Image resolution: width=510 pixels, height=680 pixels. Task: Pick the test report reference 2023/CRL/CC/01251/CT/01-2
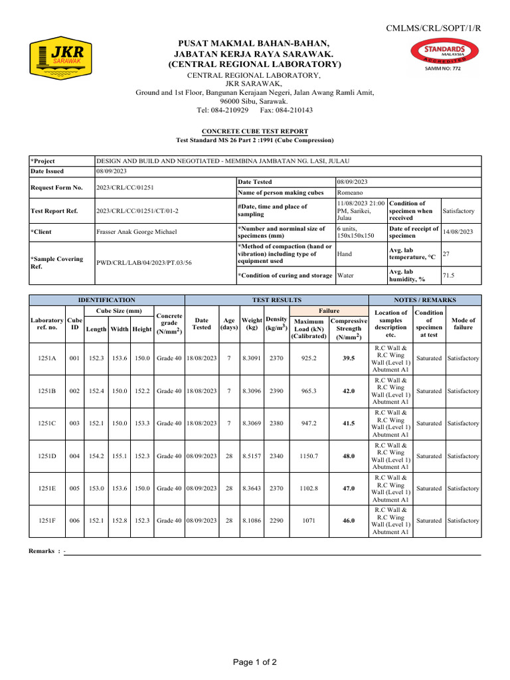137,211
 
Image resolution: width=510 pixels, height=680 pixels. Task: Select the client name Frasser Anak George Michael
137,232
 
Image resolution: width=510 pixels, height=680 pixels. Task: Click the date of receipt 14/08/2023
458,232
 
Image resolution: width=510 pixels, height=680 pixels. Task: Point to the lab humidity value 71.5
450,274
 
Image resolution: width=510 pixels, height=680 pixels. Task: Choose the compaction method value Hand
345,253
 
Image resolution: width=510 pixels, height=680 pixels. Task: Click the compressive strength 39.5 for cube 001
349,358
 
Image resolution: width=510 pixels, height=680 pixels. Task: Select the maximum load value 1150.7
309,456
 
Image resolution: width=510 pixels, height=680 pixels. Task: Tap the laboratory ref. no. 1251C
47,423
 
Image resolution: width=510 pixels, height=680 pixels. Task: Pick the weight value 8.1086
252,521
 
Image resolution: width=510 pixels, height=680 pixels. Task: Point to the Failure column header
329,310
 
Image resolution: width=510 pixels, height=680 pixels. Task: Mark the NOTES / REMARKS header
424,300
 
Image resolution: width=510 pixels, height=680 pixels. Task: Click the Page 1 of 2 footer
254,662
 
